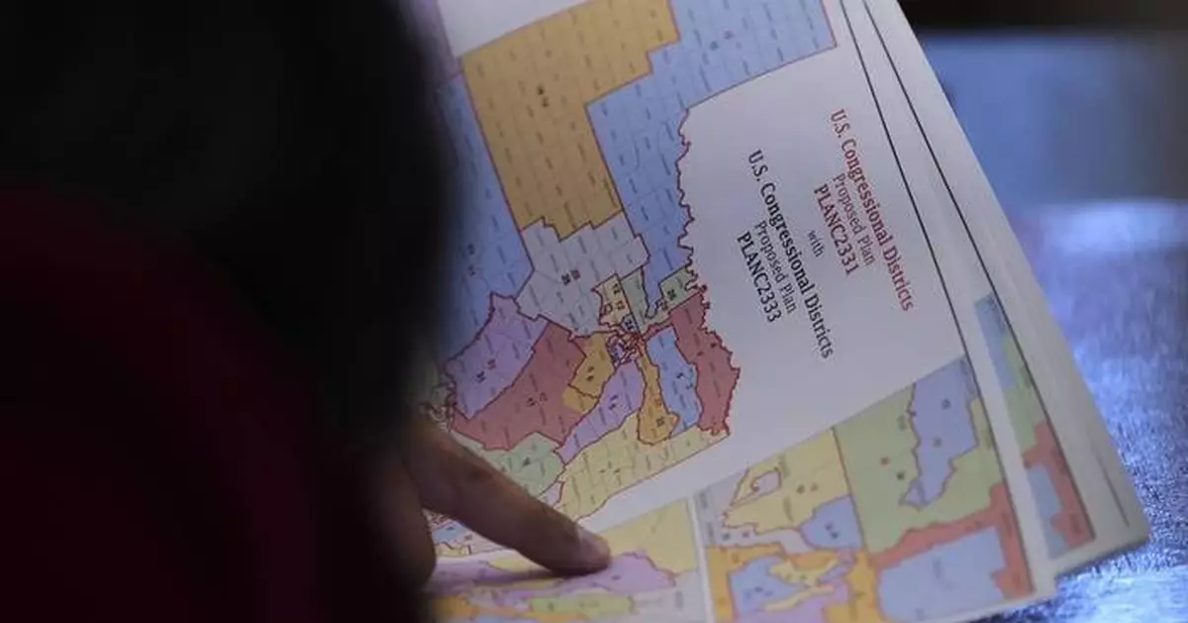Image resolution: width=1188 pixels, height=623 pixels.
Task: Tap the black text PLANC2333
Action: point(757,275)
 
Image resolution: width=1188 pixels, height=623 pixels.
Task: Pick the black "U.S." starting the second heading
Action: point(757,162)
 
